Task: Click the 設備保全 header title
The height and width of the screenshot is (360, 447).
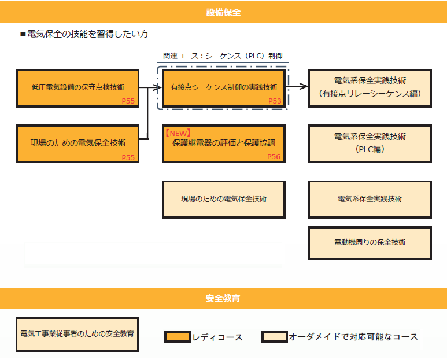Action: pyautogui.click(x=223, y=12)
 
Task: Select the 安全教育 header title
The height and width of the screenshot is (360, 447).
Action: pyautogui.click(x=223, y=299)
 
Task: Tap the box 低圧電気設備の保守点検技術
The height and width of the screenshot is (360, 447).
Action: pyautogui.click(x=77, y=88)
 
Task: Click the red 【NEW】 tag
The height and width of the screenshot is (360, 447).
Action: pyautogui.click(x=178, y=133)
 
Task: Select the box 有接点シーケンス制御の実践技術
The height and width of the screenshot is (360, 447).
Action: pyautogui.click(x=224, y=87)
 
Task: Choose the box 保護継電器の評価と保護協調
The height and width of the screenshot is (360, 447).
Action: pyautogui.click(x=224, y=144)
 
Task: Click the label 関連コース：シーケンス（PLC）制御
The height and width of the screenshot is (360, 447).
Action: pyautogui.click(x=223, y=56)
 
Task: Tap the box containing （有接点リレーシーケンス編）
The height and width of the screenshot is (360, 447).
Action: pyautogui.click(x=370, y=88)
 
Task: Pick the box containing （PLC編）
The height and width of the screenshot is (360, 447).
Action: pyautogui.click(x=370, y=143)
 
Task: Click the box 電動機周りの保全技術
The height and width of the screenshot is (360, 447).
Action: pyautogui.click(x=370, y=242)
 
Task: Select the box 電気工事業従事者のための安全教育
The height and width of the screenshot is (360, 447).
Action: pyautogui.click(x=77, y=334)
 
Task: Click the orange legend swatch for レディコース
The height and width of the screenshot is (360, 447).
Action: pyautogui.click(x=177, y=337)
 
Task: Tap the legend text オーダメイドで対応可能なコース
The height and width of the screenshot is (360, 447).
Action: pyautogui.click(x=353, y=337)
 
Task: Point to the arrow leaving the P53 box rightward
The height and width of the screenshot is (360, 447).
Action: pyautogui.click(x=297, y=87)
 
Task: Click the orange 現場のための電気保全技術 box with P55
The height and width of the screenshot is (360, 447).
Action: pyautogui.click(x=77, y=143)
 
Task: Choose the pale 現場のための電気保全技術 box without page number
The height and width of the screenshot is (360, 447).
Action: pyautogui.click(x=224, y=199)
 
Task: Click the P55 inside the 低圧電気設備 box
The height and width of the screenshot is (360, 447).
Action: pyautogui.click(x=128, y=101)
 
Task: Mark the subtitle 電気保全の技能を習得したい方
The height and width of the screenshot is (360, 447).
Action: pyautogui.click(x=87, y=34)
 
